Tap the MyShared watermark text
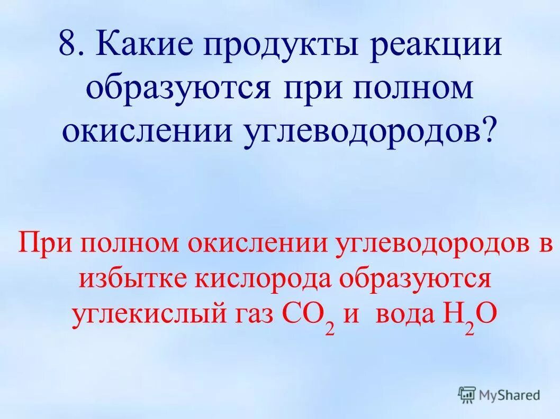509,394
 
